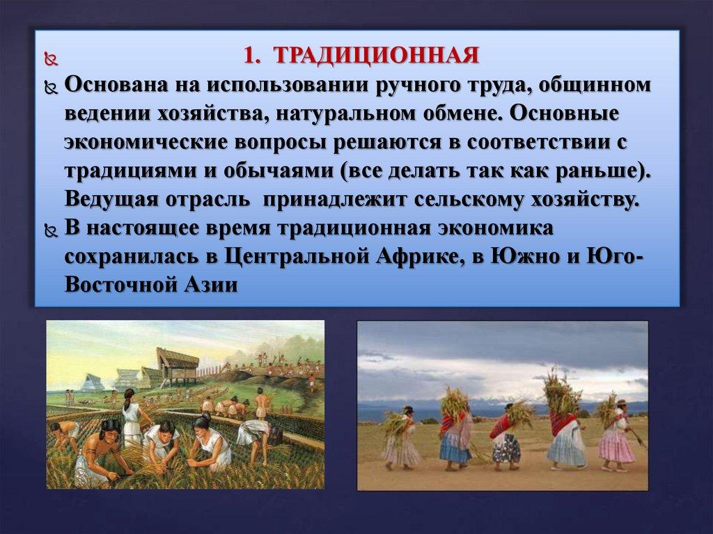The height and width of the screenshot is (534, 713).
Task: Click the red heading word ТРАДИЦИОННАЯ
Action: (377, 56)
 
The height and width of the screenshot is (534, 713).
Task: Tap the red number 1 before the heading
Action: (250, 56)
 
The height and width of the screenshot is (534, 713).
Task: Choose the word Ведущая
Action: (111, 200)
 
